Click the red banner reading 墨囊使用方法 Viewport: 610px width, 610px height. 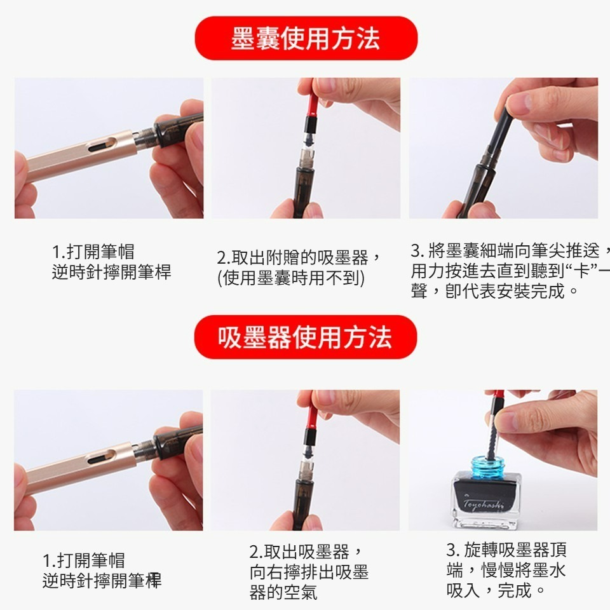[x=306, y=38]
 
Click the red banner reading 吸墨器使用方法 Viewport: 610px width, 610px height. [x=306, y=337]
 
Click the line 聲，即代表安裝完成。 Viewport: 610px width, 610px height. [x=496, y=292]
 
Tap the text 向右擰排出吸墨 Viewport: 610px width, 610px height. [x=309, y=572]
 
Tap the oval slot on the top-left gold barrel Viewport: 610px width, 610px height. [x=102, y=146]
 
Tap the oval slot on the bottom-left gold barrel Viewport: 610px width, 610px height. [x=102, y=457]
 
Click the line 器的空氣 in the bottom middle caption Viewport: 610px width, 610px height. [x=283, y=593]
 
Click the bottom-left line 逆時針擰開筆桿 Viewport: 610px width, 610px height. [x=102, y=581]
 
